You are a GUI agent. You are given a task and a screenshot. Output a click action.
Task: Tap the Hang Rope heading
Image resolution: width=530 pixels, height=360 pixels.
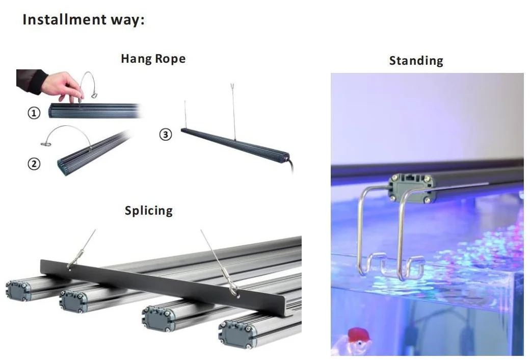click(153, 59)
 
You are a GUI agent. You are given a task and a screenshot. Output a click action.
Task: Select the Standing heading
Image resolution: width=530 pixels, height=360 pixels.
click(416, 61)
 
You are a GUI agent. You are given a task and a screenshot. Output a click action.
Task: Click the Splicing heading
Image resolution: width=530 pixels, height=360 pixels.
click(148, 210)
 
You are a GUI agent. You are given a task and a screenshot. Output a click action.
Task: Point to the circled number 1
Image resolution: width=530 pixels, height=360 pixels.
click(34, 113)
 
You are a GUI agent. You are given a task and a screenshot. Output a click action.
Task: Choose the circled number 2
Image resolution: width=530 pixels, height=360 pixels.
click(34, 164)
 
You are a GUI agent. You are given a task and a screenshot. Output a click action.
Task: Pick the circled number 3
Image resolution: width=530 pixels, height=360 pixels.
click(166, 135)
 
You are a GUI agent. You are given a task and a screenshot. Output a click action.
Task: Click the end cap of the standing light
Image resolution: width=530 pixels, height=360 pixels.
click(409, 187)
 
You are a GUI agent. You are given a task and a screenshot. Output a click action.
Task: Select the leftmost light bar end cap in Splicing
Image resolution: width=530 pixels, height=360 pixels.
click(17, 291)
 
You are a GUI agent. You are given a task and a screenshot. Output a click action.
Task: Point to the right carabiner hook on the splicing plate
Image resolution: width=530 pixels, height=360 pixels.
click(234, 291)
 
